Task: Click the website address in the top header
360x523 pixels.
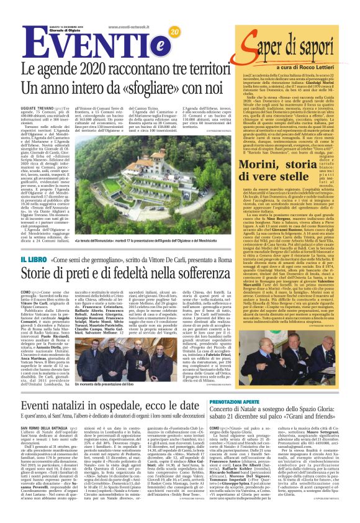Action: [x=128, y=27]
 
